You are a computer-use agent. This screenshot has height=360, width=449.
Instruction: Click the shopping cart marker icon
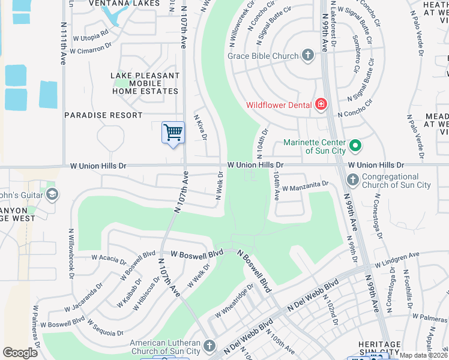click(x=173, y=131)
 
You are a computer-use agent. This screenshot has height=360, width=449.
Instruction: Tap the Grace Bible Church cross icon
click(x=308, y=56)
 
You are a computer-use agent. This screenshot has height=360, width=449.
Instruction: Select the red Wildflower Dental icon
click(x=321, y=105)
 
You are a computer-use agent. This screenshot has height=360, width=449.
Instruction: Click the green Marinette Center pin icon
click(x=355, y=145)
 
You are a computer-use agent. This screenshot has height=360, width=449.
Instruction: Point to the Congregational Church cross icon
click(x=352, y=179)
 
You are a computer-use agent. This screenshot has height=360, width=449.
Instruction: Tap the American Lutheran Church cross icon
click(x=209, y=346)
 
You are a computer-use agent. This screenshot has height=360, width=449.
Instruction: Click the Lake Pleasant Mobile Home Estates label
click(x=145, y=83)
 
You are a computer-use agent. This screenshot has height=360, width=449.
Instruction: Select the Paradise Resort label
click(x=103, y=115)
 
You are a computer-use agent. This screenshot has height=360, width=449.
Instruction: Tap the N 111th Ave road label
click(x=62, y=44)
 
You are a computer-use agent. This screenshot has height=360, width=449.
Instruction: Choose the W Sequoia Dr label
click(x=105, y=328)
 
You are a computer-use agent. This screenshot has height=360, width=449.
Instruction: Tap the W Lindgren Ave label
click(x=397, y=260)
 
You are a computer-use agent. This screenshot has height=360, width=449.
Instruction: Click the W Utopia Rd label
click(x=91, y=36)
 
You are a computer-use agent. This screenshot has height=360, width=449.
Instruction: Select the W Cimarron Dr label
click(x=91, y=47)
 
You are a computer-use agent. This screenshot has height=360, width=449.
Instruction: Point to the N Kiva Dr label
click(x=200, y=127)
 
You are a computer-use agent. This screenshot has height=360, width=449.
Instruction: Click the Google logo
click(x=20, y=353)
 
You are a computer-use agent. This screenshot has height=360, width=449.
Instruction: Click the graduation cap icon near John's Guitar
click(x=52, y=193)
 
